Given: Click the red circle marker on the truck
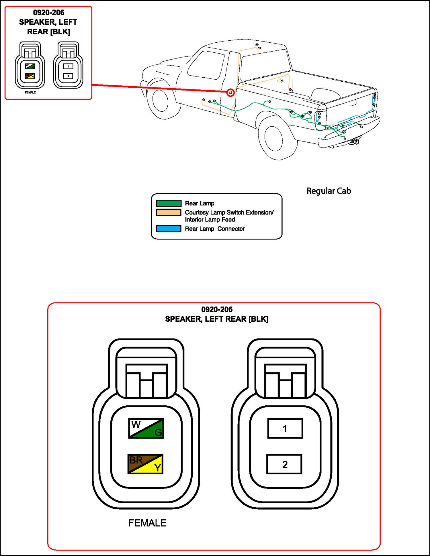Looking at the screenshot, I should point(230,93).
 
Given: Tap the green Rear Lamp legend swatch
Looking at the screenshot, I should point(169,203).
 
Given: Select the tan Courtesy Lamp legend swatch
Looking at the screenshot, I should point(169,212).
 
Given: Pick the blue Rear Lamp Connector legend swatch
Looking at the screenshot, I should point(169,229).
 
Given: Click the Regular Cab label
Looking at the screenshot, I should point(329,191).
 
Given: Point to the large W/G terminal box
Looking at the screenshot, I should point(146,428).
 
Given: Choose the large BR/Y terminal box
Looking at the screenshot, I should point(145,464).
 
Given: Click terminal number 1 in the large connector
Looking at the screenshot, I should point(285,429).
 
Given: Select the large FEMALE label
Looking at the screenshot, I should point(147,523).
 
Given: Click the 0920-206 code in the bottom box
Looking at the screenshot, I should point(217,309).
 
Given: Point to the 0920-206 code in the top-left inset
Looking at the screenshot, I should point(48,13).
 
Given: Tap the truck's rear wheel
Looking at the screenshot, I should point(274,138).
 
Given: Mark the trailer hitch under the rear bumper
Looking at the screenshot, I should point(355,141).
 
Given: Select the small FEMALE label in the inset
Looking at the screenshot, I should point(30,93).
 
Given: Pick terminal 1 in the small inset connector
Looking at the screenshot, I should point(68,66).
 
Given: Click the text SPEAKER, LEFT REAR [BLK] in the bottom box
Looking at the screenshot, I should point(217,319).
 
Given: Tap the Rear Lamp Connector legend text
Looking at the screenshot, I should point(215,229).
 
